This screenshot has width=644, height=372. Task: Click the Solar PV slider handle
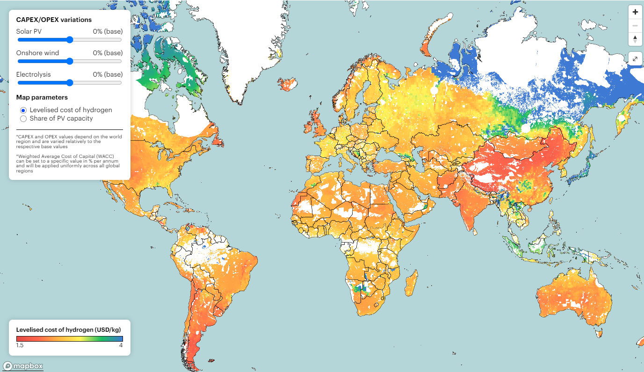pyautogui.click(x=70, y=40)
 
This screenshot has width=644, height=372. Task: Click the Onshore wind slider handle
pyautogui.click(x=70, y=61)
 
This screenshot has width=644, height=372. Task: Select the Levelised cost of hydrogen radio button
pyautogui.click(x=23, y=110)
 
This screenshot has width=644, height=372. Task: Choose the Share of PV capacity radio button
pyautogui.click(x=23, y=119)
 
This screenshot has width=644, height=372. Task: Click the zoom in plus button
pyautogui.click(x=635, y=12)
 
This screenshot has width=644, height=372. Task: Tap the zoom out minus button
pyautogui.click(x=635, y=26)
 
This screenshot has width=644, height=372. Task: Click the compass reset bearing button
pyautogui.click(x=635, y=39)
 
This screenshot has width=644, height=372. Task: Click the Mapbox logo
pyautogui.click(x=23, y=366)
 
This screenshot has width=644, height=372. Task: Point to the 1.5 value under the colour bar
pyautogui.click(x=20, y=345)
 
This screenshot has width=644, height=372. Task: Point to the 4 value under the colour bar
pyautogui.click(x=121, y=345)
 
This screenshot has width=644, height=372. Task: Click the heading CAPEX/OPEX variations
pyautogui.click(x=54, y=20)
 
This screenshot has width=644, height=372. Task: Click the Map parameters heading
pyautogui.click(x=42, y=97)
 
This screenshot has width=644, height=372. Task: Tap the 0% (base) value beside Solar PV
pyautogui.click(x=108, y=31)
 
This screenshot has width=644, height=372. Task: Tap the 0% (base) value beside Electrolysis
pyautogui.click(x=108, y=74)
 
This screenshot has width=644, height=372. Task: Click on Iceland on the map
pyautogui.click(x=287, y=85)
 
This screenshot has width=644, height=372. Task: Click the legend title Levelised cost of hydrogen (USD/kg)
pyautogui.click(x=69, y=329)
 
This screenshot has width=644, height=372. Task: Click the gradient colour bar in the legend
pyautogui.click(x=70, y=339)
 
